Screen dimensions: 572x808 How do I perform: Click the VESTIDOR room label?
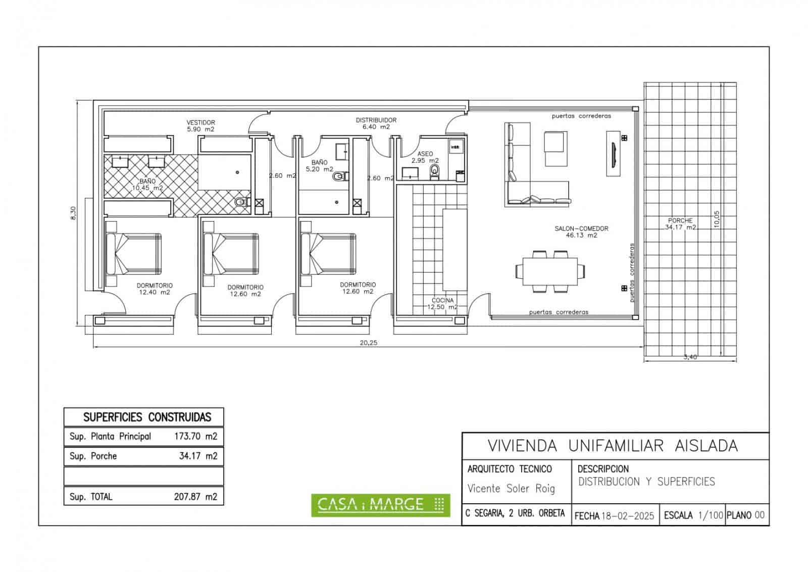pyautogui.click(x=201, y=126)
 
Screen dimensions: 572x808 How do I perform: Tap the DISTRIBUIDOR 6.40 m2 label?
pyautogui.click(x=376, y=123)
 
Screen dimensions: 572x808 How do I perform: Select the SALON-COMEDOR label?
pyautogui.click(x=581, y=231)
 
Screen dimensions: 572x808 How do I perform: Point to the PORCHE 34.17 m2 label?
pyautogui.click(x=680, y=224)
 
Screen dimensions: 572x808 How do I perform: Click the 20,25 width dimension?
pyautogui.click(x=368, y=342)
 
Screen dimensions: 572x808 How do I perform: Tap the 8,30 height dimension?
pyautogui.click(x=74, y=213)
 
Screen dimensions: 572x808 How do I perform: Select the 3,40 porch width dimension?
pyautogui.click(x=690, y=357)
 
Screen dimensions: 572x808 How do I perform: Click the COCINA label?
pyautogui.click(x=442, y=303)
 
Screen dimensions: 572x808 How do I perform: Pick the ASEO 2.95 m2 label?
pyautogui.click(x=425, y=157)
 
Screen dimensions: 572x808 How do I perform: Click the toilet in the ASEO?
pyautogui.click(x=434, y=172)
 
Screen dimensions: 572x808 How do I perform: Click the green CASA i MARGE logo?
pyautogui.click(x=380, y=504)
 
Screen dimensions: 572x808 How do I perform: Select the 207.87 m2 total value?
pyautogui.click(x=195, y=496)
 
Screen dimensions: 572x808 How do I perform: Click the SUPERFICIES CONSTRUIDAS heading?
pyautogui.click(x=147, y=417)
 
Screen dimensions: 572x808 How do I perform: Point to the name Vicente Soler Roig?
pyautogui.click(x=511, y=489)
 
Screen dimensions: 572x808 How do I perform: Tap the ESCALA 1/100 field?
pyautogui.click(x=693, y=515)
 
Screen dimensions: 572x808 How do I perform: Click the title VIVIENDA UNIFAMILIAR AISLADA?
pyautogui.click(x=613, y=446)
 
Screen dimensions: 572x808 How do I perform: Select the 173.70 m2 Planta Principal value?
pyautogui.click(x=195, y=436)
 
